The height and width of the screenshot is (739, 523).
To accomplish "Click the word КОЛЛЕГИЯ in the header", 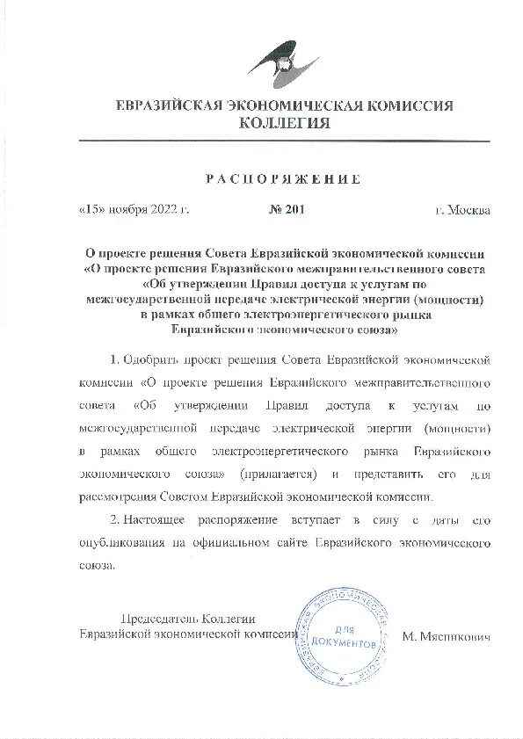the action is pos(285,124).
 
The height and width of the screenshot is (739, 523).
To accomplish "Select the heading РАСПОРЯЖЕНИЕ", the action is pos(283,179).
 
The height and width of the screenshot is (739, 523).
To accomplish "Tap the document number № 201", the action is pos(285,210).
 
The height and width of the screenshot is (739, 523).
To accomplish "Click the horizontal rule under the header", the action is pos(284,141).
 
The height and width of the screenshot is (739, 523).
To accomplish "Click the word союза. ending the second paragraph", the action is pos(98,565).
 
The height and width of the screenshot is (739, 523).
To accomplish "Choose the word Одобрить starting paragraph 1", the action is pos(147,360).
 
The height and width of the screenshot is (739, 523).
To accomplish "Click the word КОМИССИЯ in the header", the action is pos(409,106).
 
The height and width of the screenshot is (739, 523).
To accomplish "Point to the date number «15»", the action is pos(92,210).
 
